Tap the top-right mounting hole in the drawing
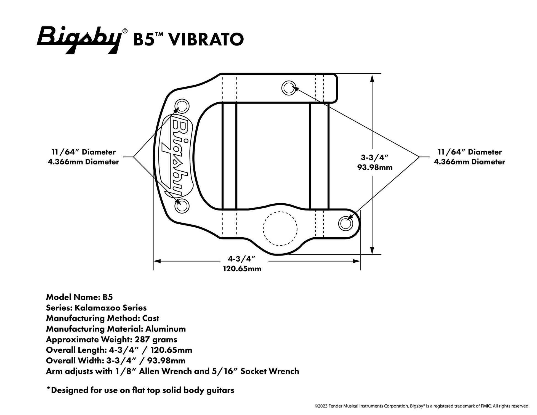pyautogui.click(x=289, y=88)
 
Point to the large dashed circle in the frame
pyautogui.click(x=280, y=228)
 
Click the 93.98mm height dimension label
pyautogui.click(x=375, y=167)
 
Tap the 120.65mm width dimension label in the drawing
pyautogui.click(x=242, y=268)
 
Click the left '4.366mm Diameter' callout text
pyautogui.click(x=83, y=162)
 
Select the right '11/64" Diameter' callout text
pyautogui.click(x=470, y=152)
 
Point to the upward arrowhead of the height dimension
pyautogui.click(x=372, y=78)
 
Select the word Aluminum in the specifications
pyautogui.click(x=166, y=329)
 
